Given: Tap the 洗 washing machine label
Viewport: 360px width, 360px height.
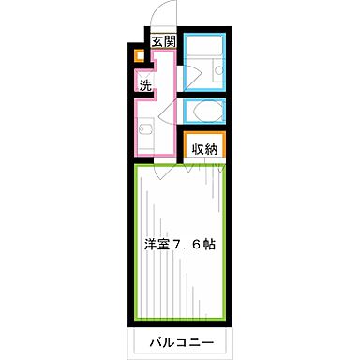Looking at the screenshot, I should coord(146,85).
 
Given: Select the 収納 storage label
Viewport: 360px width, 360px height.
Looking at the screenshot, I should coord(205,148).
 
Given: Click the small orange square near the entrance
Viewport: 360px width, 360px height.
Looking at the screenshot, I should coord(139,55).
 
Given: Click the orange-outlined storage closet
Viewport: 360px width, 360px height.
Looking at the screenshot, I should coord(205,148).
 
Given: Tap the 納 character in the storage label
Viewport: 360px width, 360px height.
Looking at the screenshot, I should coord(213,148).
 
